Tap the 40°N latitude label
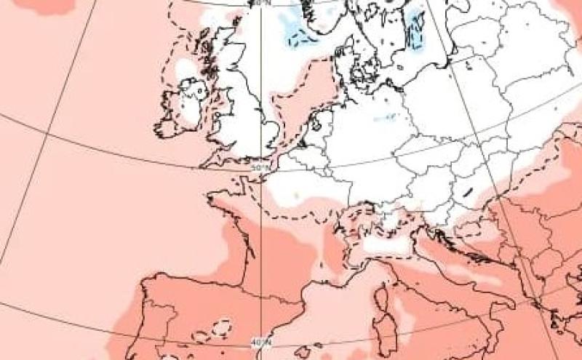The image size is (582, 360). pos(260,342)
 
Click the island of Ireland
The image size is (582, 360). pos(186,108)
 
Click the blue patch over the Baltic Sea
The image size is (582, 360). pos(417,33)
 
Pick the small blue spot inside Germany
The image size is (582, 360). pos(386,116)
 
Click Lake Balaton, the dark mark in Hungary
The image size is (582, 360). pos(465,193)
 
